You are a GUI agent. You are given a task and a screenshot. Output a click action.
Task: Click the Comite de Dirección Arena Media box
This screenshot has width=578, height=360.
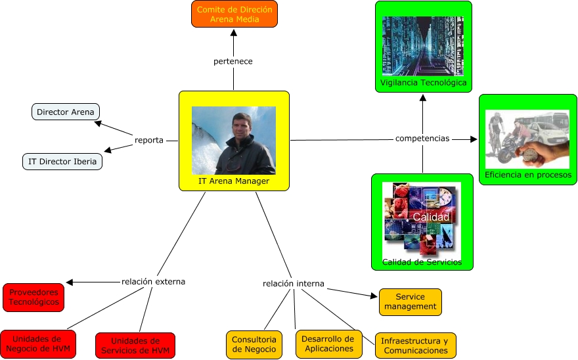tap(234, 14)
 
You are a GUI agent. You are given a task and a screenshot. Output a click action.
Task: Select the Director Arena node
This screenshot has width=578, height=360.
tap(66, 112)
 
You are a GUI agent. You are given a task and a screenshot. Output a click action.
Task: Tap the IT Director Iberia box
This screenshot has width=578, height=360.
tap(62, 161)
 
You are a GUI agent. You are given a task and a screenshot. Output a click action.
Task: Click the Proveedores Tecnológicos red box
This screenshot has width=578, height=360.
tap(33, 297)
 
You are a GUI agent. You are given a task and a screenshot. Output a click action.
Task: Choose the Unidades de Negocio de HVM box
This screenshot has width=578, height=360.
tap(37, 344)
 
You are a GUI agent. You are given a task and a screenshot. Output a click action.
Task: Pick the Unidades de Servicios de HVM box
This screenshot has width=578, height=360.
tap(135, 346)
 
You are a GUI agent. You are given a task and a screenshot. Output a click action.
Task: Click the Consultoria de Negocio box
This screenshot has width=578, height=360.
tap(254, 344)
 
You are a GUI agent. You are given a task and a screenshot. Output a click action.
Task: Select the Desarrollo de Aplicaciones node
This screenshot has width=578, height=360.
tap(329, 344)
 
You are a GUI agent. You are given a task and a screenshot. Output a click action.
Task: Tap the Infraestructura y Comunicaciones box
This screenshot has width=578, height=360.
tap(415, 346)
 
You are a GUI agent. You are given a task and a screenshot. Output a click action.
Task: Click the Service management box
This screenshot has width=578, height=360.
tap(410, 302)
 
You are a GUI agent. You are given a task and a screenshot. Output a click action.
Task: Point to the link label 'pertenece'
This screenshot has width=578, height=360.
tap(233, 61)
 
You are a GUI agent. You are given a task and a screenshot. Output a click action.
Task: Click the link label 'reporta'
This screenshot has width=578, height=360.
tap(149, 140)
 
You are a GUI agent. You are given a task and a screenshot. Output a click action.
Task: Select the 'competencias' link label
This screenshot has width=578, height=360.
tap(422, 139)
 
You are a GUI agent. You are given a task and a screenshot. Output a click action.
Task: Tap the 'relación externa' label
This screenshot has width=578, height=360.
tap(153, 281)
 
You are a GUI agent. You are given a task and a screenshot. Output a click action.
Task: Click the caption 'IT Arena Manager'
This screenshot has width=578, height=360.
tap(234, 181)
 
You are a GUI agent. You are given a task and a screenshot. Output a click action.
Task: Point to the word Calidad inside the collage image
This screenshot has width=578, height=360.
tap(431, 217)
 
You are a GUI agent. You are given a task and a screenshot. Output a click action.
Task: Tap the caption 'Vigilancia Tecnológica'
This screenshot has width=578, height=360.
tap(424, 83)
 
